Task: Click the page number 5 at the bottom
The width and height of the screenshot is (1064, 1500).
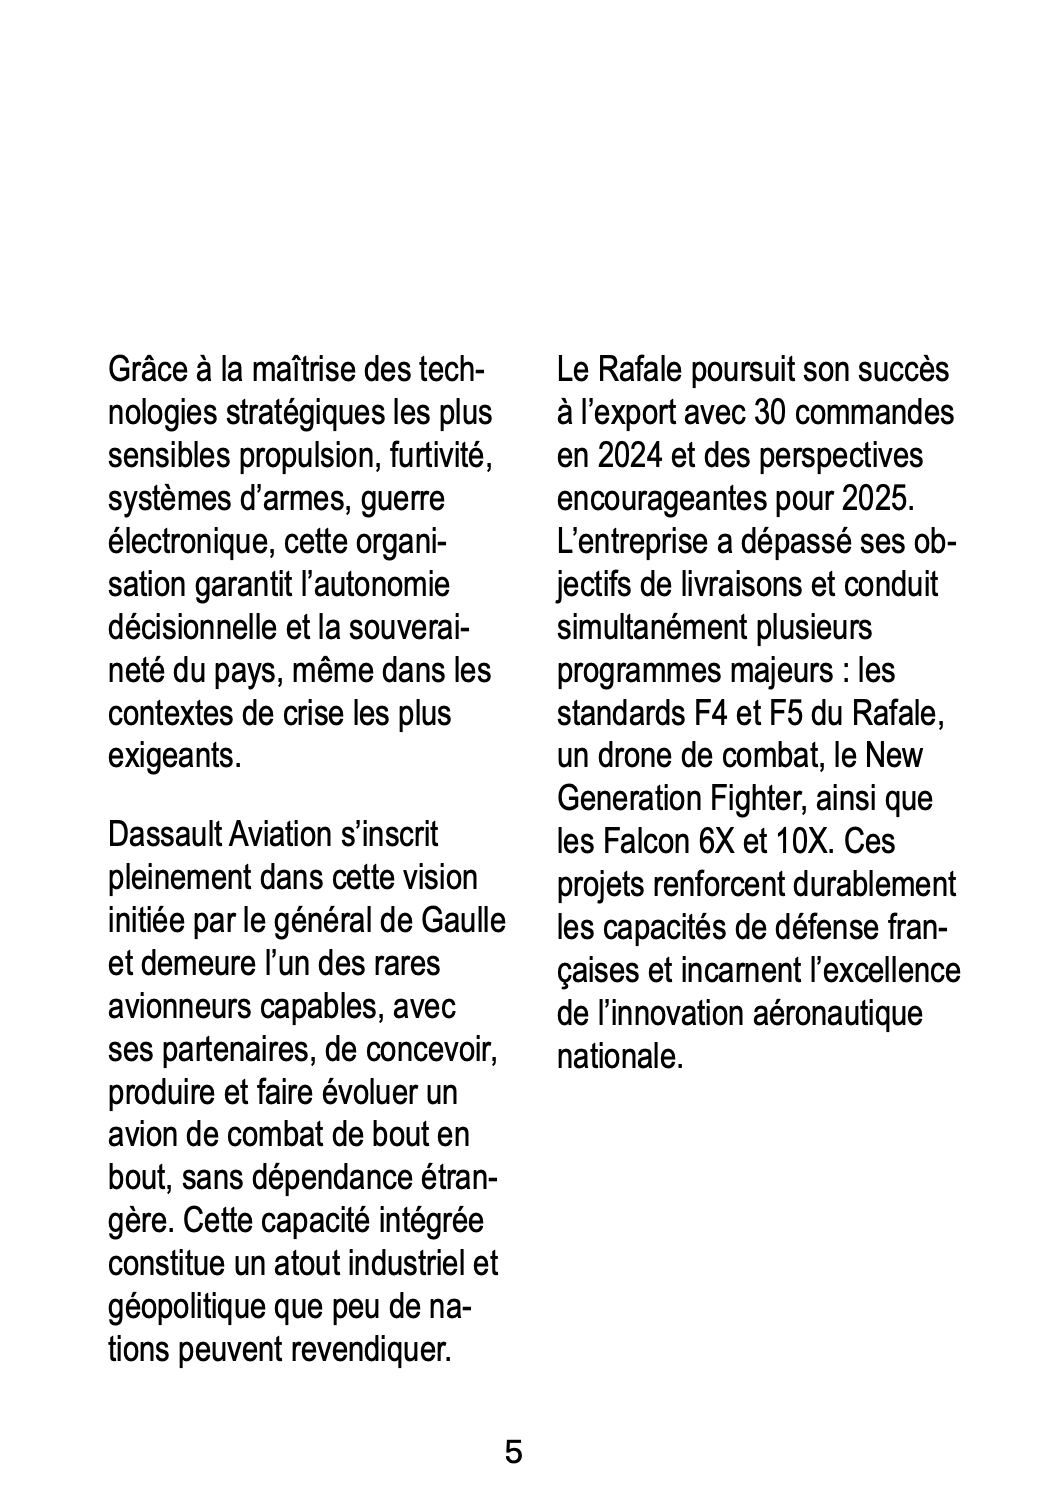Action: (x=513, y=1452)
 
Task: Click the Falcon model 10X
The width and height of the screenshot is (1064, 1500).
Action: (x=802, y=842)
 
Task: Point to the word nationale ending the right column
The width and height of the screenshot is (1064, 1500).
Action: (x=620, y=1057)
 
